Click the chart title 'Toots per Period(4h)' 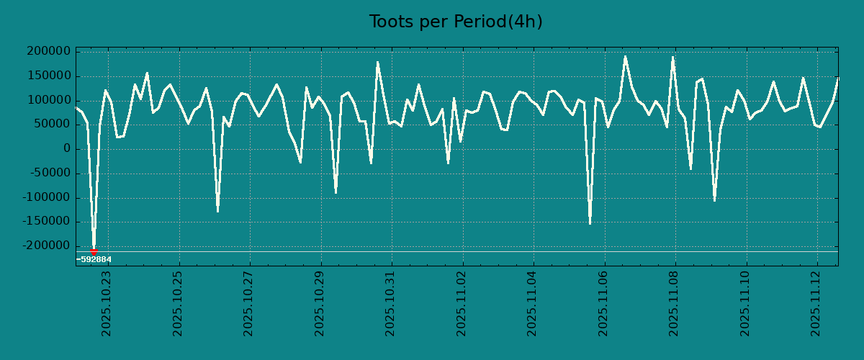coord(456,22)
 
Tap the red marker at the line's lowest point coord(94,251)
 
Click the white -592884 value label coord(94,259)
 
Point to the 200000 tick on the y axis coord(48,52)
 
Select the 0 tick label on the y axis coord(67,149)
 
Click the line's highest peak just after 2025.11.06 coord(625,56)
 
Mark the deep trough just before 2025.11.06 coord(590,223)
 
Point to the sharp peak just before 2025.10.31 coord(377,62)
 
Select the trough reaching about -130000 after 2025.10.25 coord(217,211)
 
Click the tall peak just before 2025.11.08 coord(672,57)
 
